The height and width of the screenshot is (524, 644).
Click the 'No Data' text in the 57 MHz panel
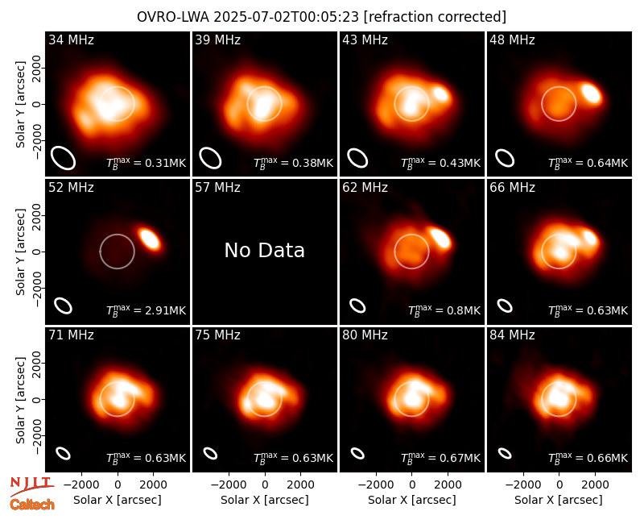coord(265,250)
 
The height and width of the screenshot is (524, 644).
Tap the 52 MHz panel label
coord(71,188)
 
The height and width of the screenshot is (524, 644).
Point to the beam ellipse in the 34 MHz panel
coord(63,157)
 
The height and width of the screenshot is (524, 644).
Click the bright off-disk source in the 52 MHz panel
coord(150,239)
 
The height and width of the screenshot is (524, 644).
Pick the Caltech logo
coord(32,505)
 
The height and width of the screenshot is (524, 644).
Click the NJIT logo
coord(31,485)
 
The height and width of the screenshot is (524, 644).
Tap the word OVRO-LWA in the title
coord(172,17)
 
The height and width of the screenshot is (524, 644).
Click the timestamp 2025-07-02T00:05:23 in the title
coord(286,17)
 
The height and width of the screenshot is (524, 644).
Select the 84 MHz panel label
coord(512,335)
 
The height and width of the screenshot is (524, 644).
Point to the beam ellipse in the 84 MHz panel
coord(505,453)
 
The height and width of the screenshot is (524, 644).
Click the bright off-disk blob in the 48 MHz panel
coord(592,93)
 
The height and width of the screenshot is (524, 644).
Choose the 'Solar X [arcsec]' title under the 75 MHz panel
coord(265,500)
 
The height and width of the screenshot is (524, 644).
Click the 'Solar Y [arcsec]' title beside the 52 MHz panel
coord(21,252)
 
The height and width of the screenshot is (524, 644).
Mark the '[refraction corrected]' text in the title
coord(435,17)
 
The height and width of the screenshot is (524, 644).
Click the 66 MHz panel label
coord(512,188)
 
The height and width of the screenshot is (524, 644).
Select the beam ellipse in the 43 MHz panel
coord(357,158)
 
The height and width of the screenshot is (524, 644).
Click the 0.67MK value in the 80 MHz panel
coord(460,458)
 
